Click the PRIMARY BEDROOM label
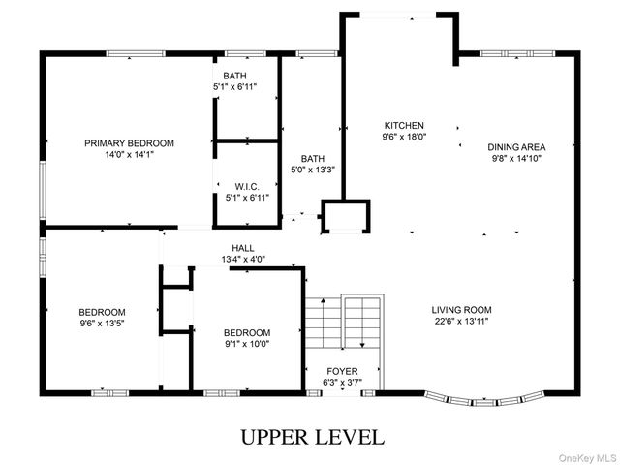pos(129,143)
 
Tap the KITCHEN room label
pos(404,126)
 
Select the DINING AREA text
pos(516,147)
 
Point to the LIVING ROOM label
pos(461,310)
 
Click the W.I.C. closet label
pos(247,187)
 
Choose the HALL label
pos(243,248)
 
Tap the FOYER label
pos(342,372)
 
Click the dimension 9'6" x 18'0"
pos(404,137)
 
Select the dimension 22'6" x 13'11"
pos(461,321)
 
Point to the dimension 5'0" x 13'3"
pos(313,170)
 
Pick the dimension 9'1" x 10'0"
pos(247,344)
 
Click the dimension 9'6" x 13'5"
pos(102,324)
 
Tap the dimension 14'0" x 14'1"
pos(129,154)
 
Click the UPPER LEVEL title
pos(312,437)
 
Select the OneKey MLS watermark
pos(587,458)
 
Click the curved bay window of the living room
pos(484,400)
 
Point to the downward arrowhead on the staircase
pos(362,346)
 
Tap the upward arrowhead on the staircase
pos(323,301)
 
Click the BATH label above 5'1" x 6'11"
pos(234,76)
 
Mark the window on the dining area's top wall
pos(517,54)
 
